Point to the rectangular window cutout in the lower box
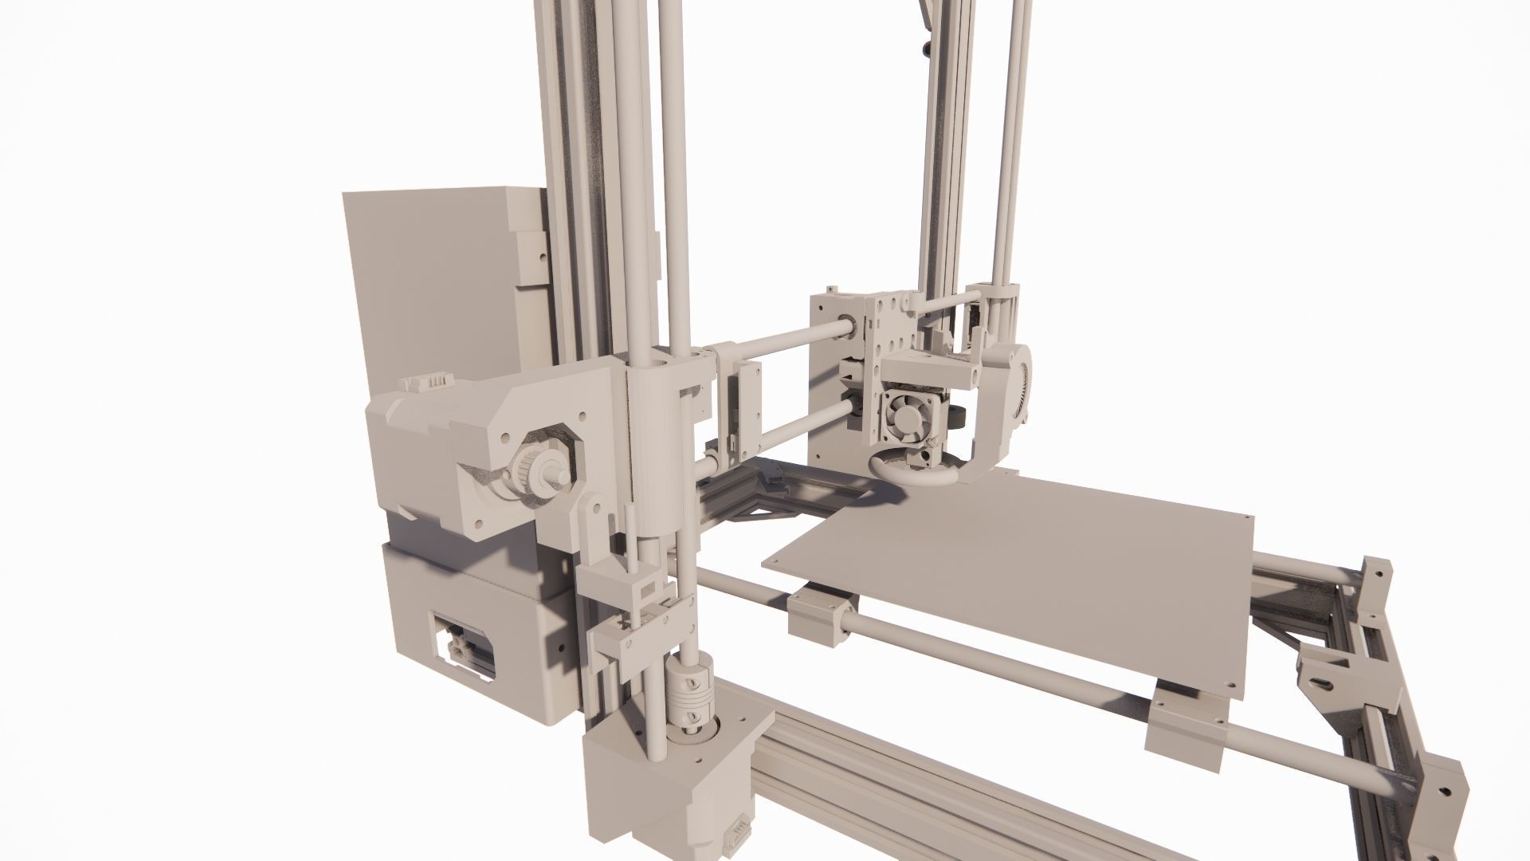[463, 646]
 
